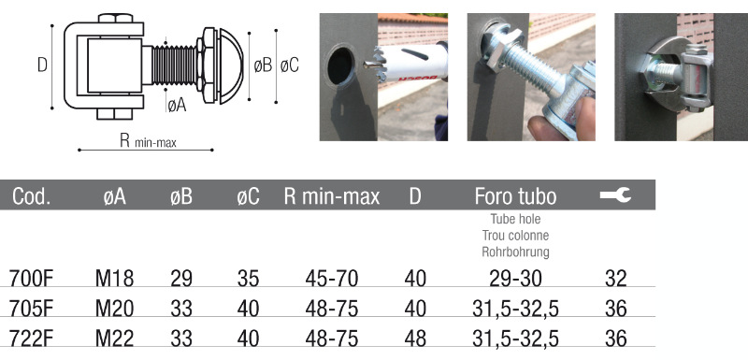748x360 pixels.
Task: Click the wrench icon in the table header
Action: pos(615,194)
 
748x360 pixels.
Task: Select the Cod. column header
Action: pos(32,196)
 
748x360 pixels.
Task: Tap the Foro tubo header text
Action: pos(515,196)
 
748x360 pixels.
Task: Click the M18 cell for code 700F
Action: pos(114,279)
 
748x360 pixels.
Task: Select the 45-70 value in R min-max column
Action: pos(332,279)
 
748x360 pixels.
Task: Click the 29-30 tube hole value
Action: pos(516,279)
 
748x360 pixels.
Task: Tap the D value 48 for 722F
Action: pos(415,339)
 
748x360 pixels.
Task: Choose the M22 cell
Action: pos(114,339)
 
